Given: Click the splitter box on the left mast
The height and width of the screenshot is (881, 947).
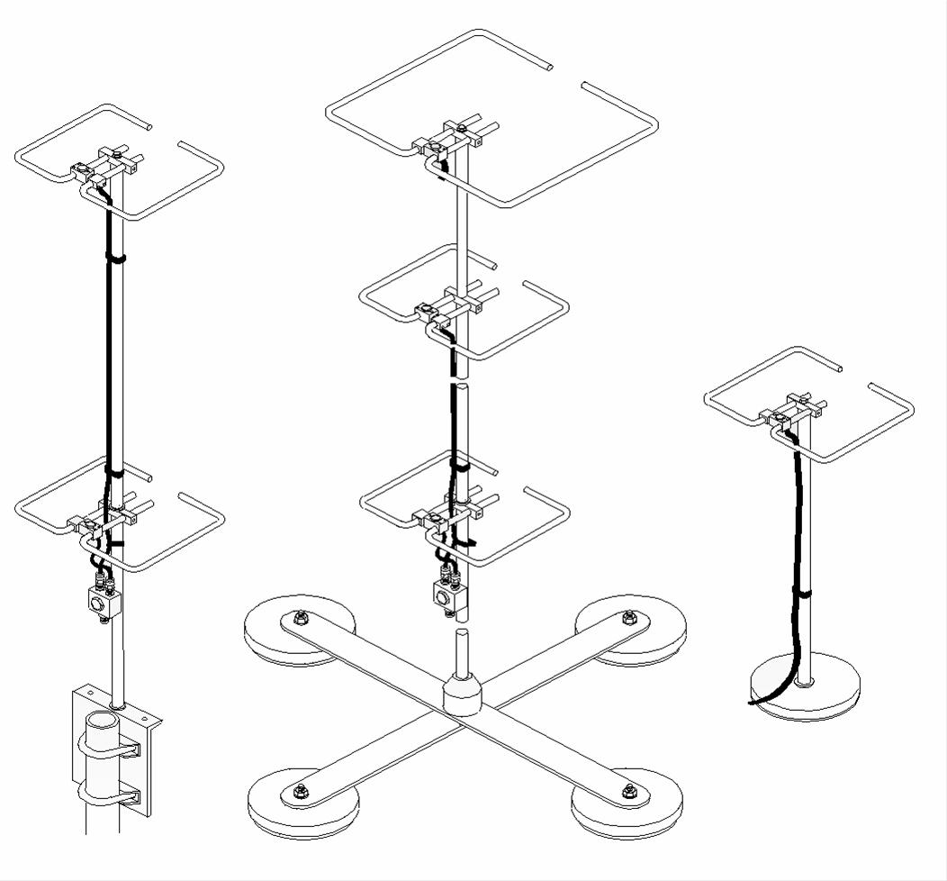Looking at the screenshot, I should (x=97, y=599).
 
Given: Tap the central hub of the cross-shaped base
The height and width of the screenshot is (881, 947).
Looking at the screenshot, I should (x=464, y=697).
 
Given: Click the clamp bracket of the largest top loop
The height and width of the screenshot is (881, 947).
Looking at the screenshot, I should (x=447, y=138).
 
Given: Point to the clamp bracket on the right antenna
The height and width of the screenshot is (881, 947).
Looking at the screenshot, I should (x=792, y=410).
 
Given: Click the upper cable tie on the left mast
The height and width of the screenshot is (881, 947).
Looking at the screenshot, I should (x=115, y=259).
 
